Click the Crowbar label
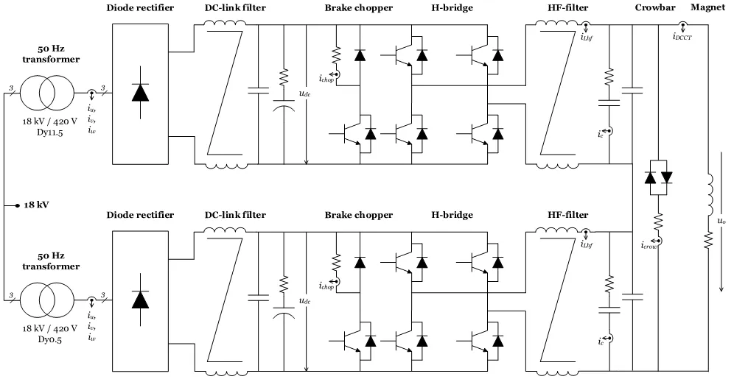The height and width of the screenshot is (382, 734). (655, 7)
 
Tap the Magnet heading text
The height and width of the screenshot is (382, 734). (707, 7)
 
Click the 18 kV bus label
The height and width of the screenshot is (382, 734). (37, 205)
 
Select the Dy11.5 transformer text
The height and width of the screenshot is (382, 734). (49, 132)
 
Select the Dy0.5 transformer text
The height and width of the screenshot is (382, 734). (49, 339)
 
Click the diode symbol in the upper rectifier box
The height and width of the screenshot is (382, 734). (141, 93)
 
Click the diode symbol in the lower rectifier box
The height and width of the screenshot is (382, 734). (141, 300)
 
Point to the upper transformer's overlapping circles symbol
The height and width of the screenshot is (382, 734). (47, 93)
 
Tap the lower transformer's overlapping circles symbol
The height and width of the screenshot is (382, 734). (47, 300)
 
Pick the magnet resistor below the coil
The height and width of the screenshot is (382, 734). (708, 241)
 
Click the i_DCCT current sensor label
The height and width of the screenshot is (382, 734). (682, 37)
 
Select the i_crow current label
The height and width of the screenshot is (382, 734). (650, 245)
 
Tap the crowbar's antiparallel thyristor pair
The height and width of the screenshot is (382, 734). (659, 177)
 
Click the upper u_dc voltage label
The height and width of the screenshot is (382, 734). (305, 93)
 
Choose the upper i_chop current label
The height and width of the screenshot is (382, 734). (326, 79)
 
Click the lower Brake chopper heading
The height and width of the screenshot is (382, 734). (359, 215)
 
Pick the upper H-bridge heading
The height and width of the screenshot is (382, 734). (452, 7)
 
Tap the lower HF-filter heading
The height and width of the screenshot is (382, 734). (568, 215)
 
